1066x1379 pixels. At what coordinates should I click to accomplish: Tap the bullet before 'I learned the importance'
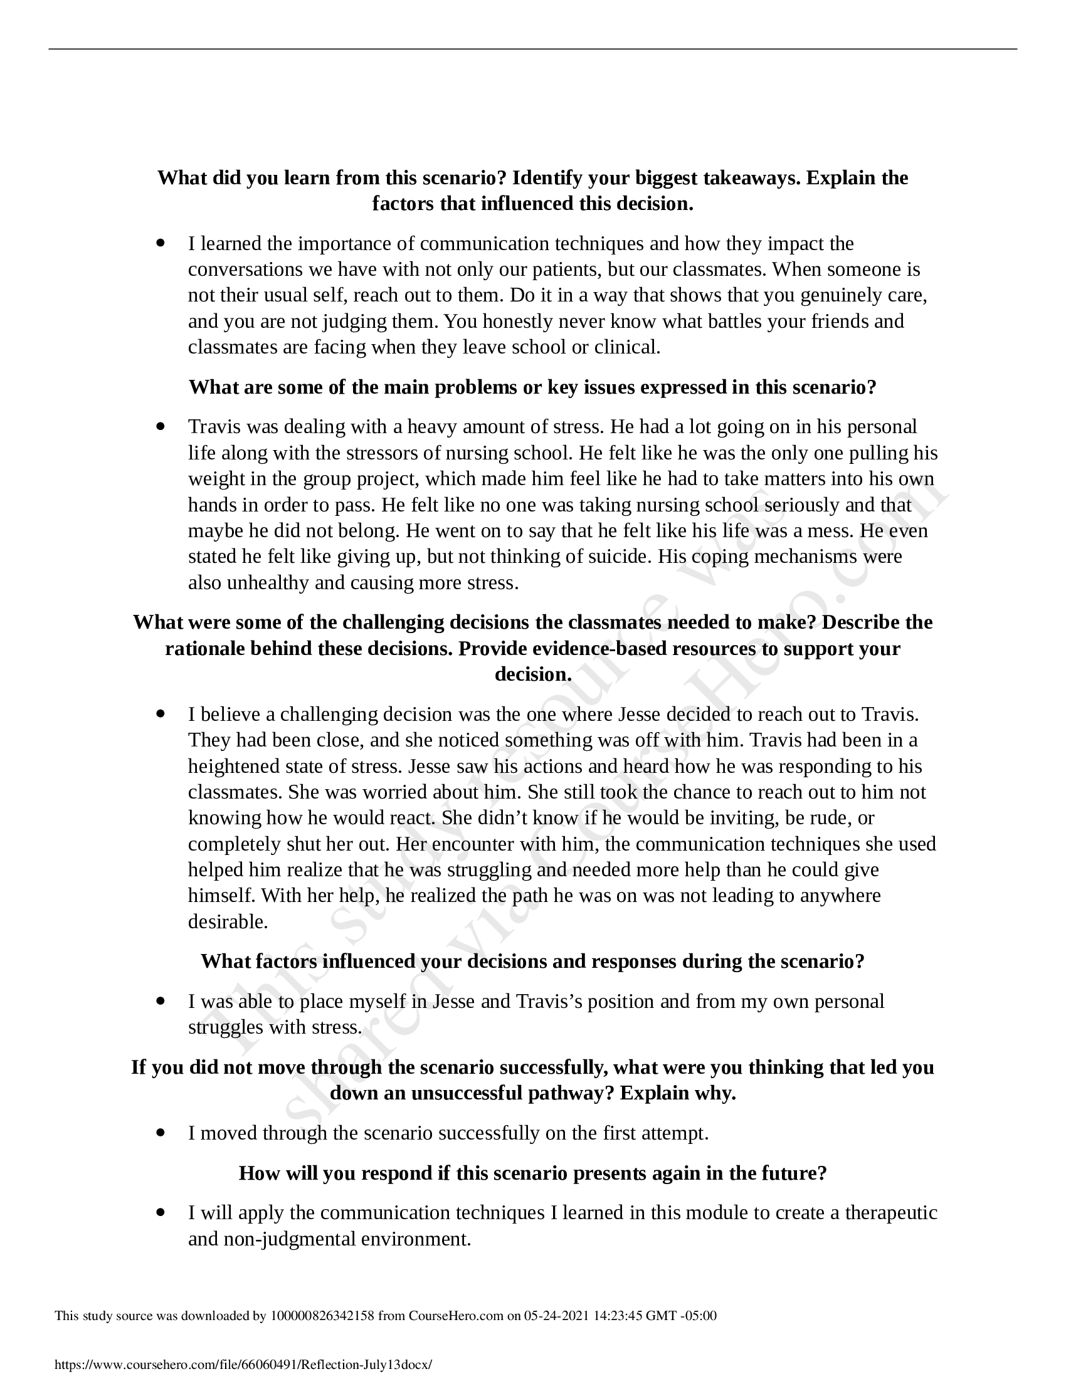pyautogui.click(x=161, y=243)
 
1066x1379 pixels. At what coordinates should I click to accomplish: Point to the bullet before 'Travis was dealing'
pyautogui.click(x=161, y=426)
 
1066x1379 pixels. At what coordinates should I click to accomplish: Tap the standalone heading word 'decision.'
pyautogui.click(x=533, y=674)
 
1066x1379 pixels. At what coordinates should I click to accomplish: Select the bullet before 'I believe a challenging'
pyautogui.click(x=161, y=713)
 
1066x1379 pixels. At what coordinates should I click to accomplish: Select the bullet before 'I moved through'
pyautogui.click(x=161, y=1133)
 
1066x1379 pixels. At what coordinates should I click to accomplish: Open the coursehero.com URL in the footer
pyautogui.click(x=244, y=1365)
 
